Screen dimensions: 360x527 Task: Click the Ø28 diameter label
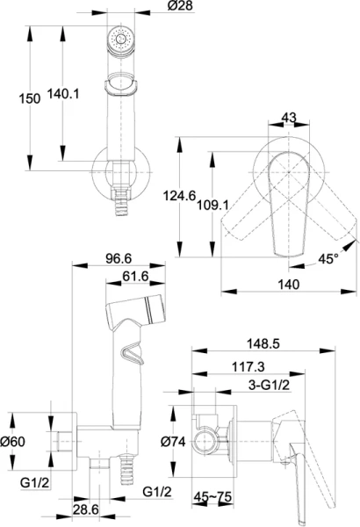click(x=181, y=6)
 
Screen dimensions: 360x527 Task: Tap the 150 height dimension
click(x=29, y=98)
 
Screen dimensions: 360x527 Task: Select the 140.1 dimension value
click(x=63, y=94)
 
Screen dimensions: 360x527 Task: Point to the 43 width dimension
click(x=289, y=118)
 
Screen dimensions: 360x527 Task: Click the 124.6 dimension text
click(x=179, y=196)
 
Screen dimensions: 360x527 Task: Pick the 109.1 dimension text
click(x=212, y=205)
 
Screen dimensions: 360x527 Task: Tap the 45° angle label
click(x=328, y=259)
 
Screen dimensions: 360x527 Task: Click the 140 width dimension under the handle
click(x=288, y=285)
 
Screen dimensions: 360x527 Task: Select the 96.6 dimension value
click(x=119, y=258)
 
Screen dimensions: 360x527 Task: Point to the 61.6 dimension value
click(x=135, y=277)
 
